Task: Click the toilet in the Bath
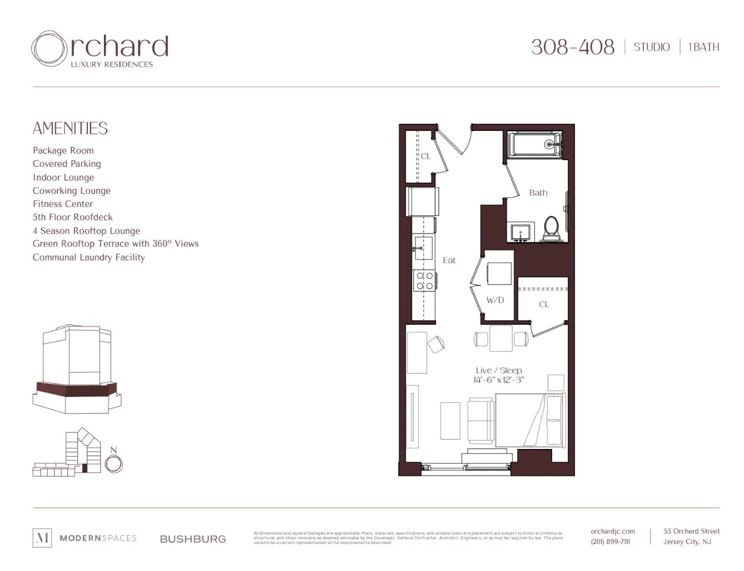pyautogui.click(x=551, y=228)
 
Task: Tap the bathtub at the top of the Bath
pyautogui.click(x=534, y=145)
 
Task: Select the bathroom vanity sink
pyautogui.click(x=520, y=232)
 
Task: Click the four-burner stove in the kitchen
pyautogui.click(x=425, y=281)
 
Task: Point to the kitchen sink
pyautogui.click(x=423, y=245)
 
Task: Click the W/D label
pyautogui.click(x=495, y=300)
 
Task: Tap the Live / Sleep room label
pyautogui.click(x=499, y=371)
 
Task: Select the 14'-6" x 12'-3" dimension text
pyautogui.click(x=499, y=380)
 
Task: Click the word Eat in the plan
pyautogui.click(x=449, y=261)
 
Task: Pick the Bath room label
pyautogui.click(x=538, y=193)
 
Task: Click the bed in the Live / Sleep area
pyautogui.click(x=530, y=420)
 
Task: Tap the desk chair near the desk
pyautogui.click(x=436, y=344)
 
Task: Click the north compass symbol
pyautogui.click(x=114, y=463)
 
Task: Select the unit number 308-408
pyautogui.click(x=573, y=47)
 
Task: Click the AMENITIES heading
pyautogui.click(x=70, y=129)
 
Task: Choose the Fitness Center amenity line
pyautogui.click(x=62, y=204)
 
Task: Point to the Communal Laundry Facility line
pyautogui.click(x=88, y=257)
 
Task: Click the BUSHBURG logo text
pyautogui.click(x=193, y=539)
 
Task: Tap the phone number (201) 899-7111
pyautogui.click(x=610, y=542)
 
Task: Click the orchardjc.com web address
pyautogui.click(x=612, y=531)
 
